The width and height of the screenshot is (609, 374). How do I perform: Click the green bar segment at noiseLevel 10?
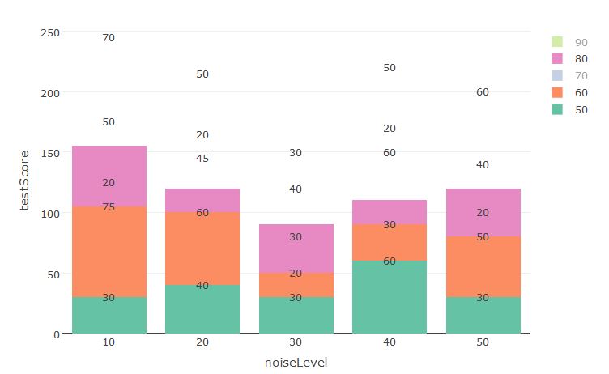pyautogui.click(x=109, y=315)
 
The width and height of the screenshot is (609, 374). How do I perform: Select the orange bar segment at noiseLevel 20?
pyautogui.click(x=202, y=249)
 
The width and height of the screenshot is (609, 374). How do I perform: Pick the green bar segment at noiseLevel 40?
pyautogui.click(x=390, y=296)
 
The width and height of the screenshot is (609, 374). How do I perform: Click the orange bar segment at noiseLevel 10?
pyautogui.click(x=109, y=252)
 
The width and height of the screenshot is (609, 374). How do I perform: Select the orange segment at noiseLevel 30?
pyautogui.click(x=296, y=285)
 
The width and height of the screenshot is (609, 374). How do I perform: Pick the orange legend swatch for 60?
pyautogui.click(x=556, y=93)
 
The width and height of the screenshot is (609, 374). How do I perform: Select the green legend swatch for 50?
pyautogui.click(x=556, y=110)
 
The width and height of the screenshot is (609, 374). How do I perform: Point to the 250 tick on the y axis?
pyautogui.click(x=50, y=32)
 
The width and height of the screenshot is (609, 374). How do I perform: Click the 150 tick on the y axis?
pyautogui.click(x=50, y=153)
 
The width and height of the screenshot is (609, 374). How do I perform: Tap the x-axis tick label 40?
pyautogui.click(x=390, y=343)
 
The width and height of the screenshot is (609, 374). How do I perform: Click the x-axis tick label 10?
pyautogui.click(x=109, y=343)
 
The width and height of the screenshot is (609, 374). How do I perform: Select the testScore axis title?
pyautogui.click(x=25, y=182)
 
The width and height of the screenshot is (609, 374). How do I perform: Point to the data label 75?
pyautogui.click(x=109, y=207)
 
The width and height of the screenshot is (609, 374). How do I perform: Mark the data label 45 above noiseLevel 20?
pyautogui.click(x=202, y=159)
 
